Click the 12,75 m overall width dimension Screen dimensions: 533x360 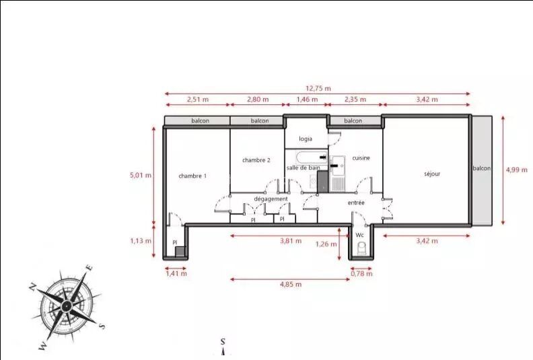[x=318, y=88]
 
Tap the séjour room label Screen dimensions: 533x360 [x=432, y=174]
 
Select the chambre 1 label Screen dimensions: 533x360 [x=192, y=176]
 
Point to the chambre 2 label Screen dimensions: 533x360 [x=256, y=159]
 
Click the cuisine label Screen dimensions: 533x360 [x=361, y=157]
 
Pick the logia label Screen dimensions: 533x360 [x=306, y=139]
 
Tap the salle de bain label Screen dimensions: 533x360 [x=303, y=168]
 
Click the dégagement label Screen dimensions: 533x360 [x=271, y=199]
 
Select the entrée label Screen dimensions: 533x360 [x=356, y=203]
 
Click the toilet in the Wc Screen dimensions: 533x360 [x=361, y=248]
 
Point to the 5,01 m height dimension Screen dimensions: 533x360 [x=141, y=176]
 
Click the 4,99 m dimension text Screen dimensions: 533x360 [x=517, y=170]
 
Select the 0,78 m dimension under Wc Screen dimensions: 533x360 [x=361, y=273]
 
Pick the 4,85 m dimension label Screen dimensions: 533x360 [x=291, y=284]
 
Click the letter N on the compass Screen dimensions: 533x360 [x=32, y=287]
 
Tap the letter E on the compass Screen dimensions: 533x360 [x=90, y=268]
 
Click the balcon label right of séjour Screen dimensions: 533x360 [x=482, y=168]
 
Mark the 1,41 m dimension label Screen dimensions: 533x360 [x=176, y=273]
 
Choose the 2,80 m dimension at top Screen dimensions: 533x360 [x=258, y=100]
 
